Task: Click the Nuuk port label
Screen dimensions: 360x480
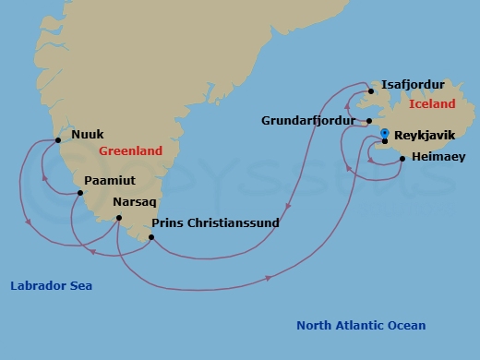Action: pos(88,132)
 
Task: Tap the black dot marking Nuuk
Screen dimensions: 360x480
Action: pos(58,140)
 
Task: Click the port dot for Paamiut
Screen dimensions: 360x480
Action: pos(81,193)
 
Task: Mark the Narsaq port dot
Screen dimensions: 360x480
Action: pos(118,218)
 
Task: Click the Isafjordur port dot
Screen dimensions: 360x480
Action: pos(369,90)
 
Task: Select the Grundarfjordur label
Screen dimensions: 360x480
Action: pos(307,120)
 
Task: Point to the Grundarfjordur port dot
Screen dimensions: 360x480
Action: pos(368,121)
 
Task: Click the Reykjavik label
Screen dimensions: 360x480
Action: pos(425,135)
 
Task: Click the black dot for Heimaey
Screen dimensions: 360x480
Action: pos(402,160)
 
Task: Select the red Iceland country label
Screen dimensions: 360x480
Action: pos(432,104)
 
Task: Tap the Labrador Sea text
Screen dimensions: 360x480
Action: pos(51,286)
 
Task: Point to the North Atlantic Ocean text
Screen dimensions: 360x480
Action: pos(361,325)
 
